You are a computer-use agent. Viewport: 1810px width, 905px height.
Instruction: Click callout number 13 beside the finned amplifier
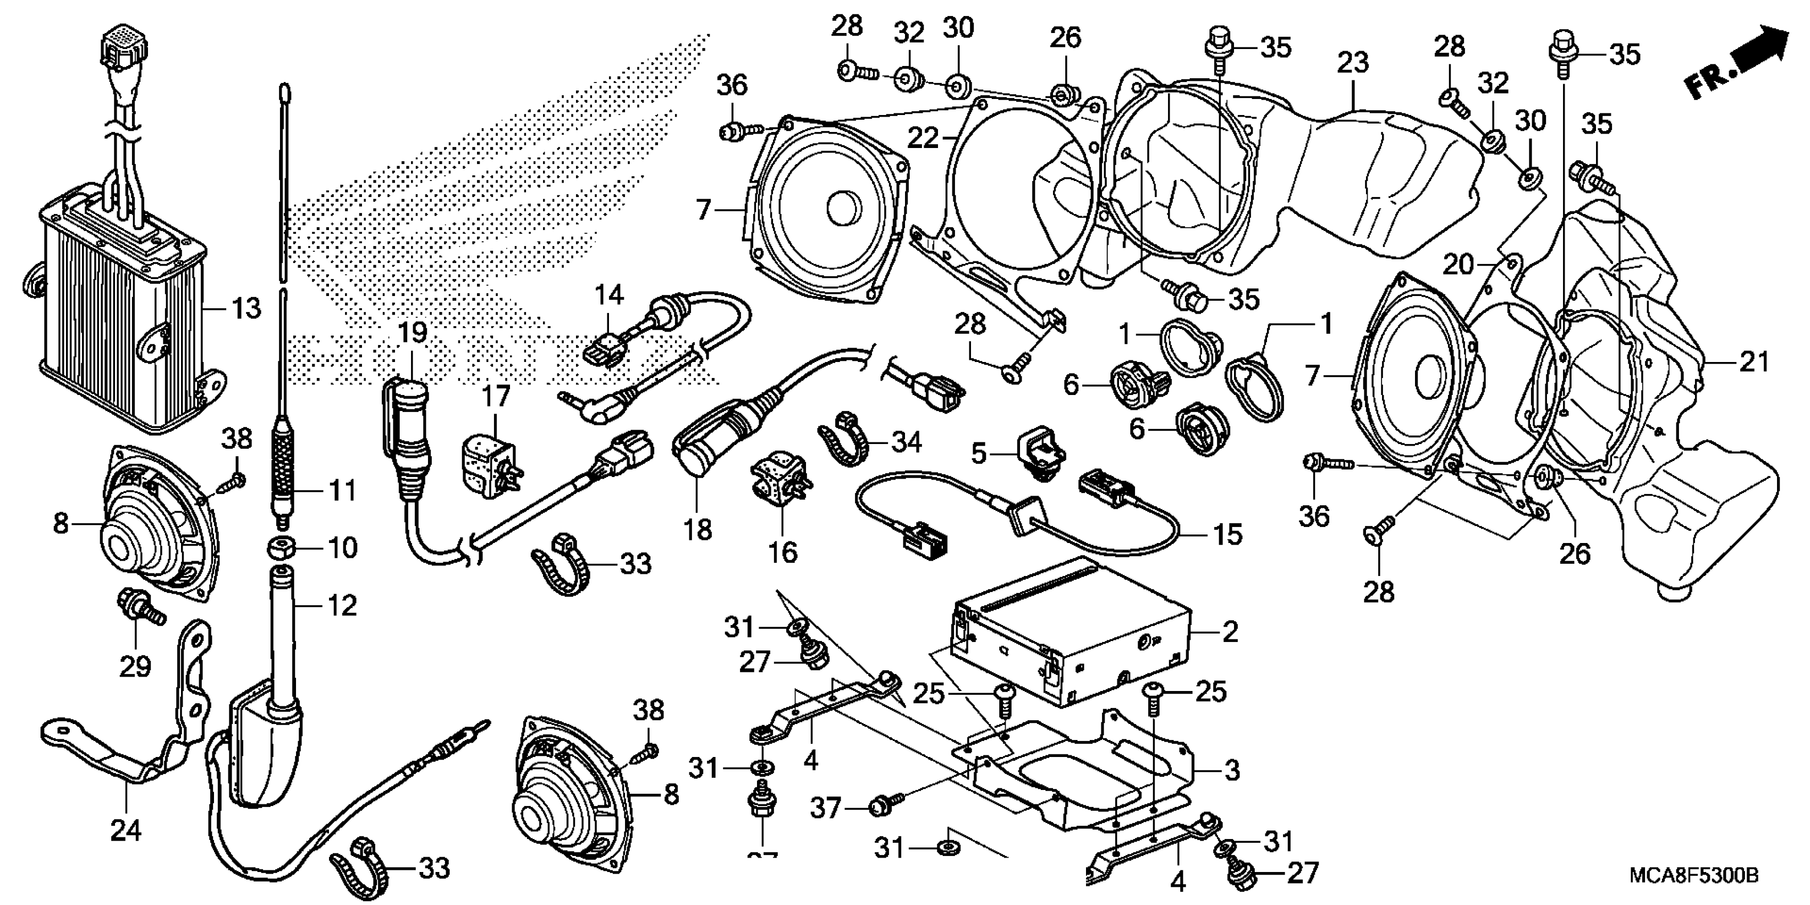tap(246, 308)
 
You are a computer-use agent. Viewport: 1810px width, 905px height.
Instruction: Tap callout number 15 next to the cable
tap(1228, 534)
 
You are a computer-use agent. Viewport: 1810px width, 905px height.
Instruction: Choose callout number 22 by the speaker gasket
tap(922, 138)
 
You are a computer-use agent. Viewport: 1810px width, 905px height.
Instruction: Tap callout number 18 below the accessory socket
tap(698, 530)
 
